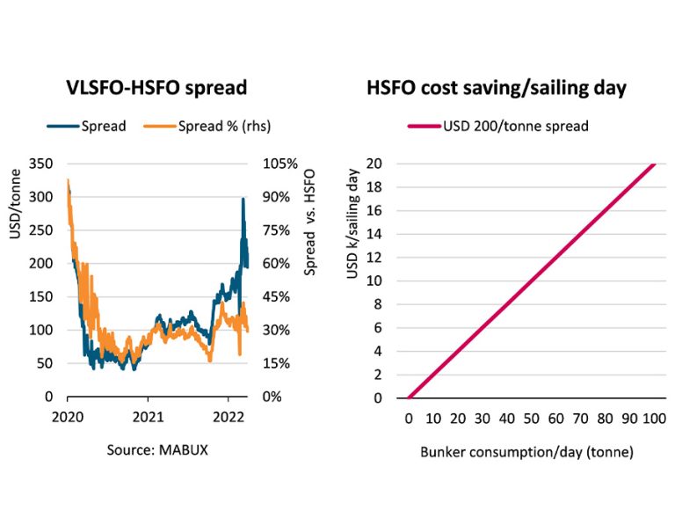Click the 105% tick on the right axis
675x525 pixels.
pos(280,164)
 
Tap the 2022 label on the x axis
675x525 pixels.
pos(229,414)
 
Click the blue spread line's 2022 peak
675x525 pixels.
pos(243,199)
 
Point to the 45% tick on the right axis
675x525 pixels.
pos(278,296)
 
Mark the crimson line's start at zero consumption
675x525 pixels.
pos(409,397)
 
